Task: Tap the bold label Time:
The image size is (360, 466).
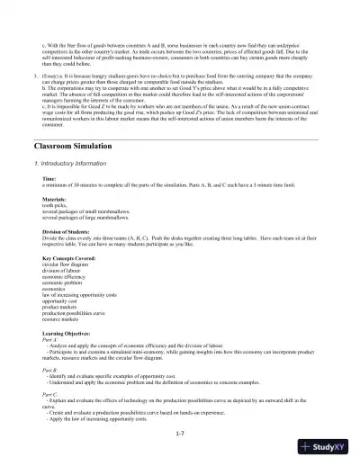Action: [x=49, y=179]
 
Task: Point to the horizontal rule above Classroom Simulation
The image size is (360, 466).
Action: [x=180, y=137]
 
